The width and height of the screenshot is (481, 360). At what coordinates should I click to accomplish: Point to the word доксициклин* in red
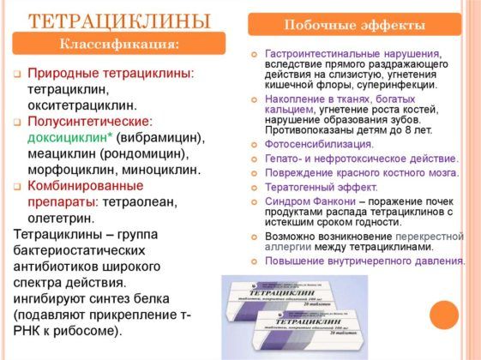[65, 137]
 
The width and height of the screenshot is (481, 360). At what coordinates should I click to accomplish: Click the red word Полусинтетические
[87, 122]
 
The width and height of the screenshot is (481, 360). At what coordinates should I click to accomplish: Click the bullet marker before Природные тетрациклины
[17, 75]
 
